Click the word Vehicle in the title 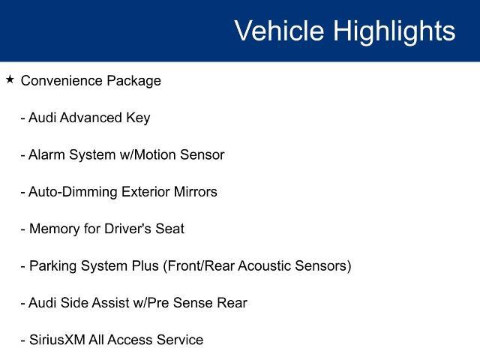click(x=279, y=30)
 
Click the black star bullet click(x=10, y=79)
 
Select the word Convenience click(x=61, y=81)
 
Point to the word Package click(x=133, y=82)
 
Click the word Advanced click(x=91, y=118)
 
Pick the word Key click(x=138, y=118)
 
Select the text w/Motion click(x=147, y=154)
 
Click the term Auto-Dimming click(x=73, y=193)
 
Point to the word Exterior click(x=145, y=192)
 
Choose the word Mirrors click(x=195, y=192)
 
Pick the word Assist click(x=110, y=303)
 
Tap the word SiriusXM click(x=57, y=340)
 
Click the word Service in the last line click(x=180, y=340)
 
